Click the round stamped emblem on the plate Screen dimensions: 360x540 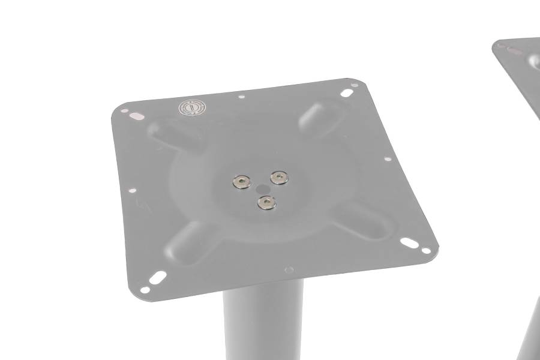coord(193,108)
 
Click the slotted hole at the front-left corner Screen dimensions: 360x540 coord(158,278)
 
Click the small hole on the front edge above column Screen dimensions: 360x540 coord(289,269)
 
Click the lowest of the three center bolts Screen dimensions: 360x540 coord(265,202)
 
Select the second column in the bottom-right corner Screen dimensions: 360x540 coord(528,330)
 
